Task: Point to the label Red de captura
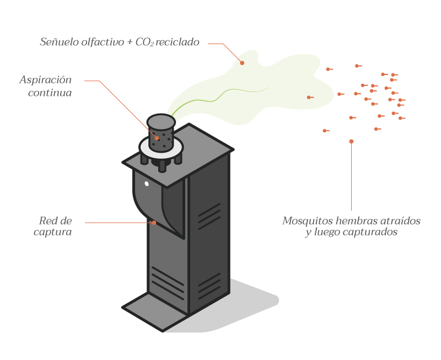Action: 52,227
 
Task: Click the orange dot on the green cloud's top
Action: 242,63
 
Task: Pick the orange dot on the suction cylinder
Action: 157,138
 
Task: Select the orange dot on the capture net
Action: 154,223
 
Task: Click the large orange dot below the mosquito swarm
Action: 351,142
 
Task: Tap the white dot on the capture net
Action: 147,183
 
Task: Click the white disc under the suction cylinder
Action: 144,147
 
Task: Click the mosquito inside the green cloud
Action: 310,98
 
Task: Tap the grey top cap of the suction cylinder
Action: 161,120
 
